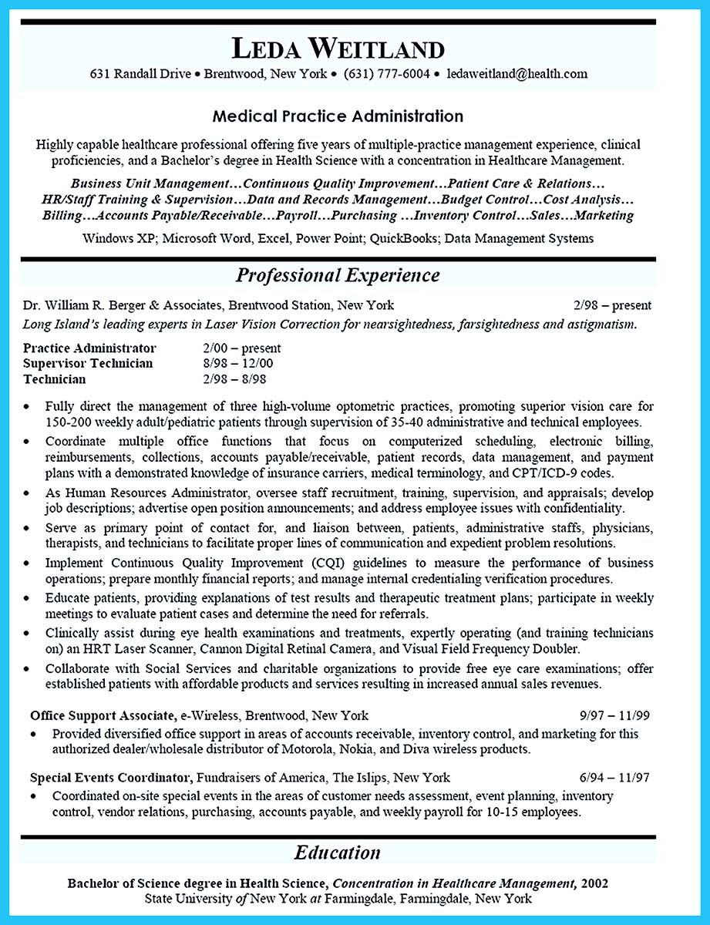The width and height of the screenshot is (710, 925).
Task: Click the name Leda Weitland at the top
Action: coord(338,49)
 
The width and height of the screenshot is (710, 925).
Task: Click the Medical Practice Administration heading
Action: coord(338,116)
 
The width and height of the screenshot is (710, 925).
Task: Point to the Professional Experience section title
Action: coord(338,275)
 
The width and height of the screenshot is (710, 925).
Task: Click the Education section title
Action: coord(338,853)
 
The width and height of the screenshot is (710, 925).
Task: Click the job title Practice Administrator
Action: coord(89,348)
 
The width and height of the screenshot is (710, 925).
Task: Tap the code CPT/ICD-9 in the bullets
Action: coord(537,473)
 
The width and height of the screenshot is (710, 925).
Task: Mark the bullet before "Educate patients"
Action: coord(27,599)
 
